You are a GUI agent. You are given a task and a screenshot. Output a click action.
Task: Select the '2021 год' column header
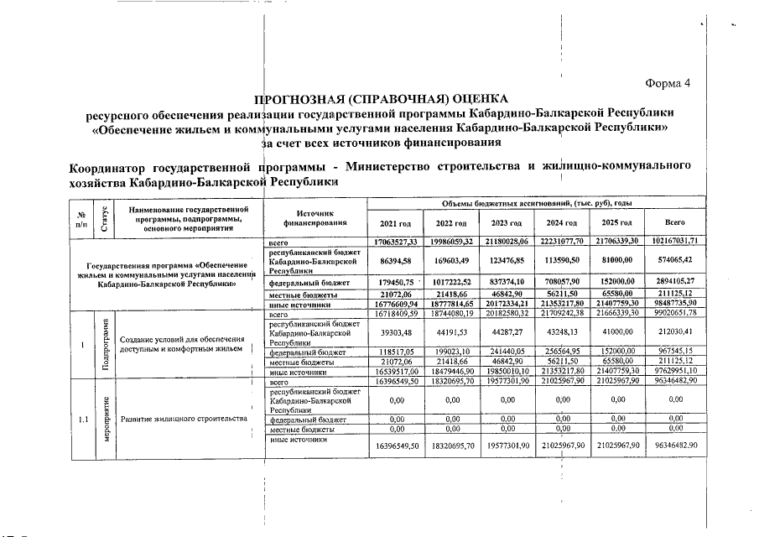pos(395,222)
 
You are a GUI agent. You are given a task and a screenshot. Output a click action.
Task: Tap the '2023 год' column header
pos(507,222)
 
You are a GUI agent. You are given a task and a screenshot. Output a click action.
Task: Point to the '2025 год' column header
pos(618,222)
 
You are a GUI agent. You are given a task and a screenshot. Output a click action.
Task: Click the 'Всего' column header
pos(674,222)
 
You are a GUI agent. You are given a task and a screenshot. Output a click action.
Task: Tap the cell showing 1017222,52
pos(450,283)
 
